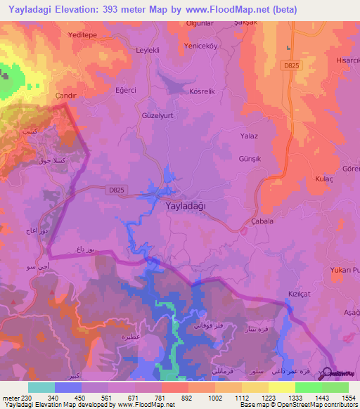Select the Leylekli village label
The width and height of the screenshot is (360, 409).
pyautogui.click(x=148, y=51)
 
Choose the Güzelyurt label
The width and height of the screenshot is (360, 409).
pyautogui.click(x=157, y=114)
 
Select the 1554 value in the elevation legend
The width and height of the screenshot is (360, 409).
pyautogui.click(x=349, y=397)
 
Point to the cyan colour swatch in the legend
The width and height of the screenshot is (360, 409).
pyautogui.click(x=41, y=387)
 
